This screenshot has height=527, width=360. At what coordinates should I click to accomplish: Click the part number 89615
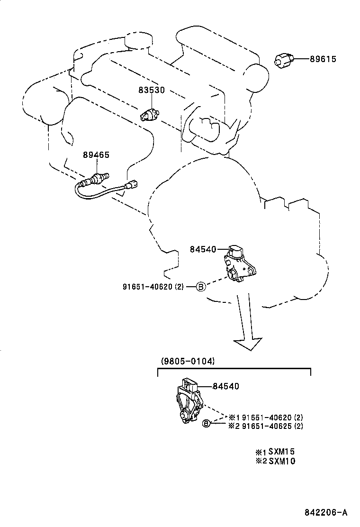[323, 59]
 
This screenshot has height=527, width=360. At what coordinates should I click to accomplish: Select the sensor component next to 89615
[284, 60]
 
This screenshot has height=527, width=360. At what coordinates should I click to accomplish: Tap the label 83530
[152, 90]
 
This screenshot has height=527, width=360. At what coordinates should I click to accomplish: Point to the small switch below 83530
[149, 114]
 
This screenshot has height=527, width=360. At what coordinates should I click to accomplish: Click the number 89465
[96, 154]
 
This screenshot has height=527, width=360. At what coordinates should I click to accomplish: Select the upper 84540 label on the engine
[203, 249]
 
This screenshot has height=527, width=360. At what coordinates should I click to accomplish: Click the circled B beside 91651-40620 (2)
[200, 286]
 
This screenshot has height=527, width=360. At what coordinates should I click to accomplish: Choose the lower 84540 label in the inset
[225, 387]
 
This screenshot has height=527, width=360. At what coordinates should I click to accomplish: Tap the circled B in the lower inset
[206, 423]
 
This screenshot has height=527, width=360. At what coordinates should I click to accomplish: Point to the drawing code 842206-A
[326, 512]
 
